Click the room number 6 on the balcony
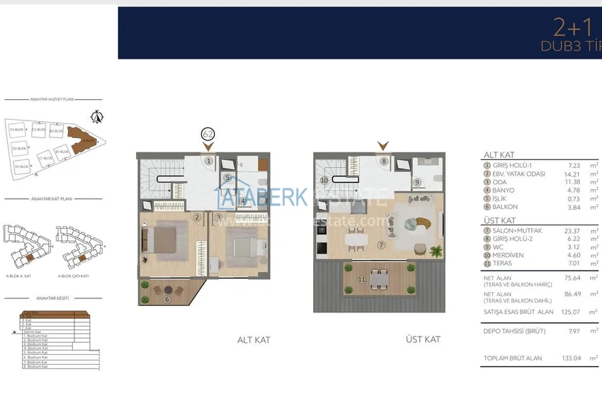click(166, 299)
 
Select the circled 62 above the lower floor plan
click(208, 133)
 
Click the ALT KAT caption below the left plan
click(254, 340)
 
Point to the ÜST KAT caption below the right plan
click(423, 340)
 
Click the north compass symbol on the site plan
click(98, 116)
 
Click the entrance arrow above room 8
click(383, 146)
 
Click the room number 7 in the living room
click(381, 245)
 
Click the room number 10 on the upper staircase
click(324, 181)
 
